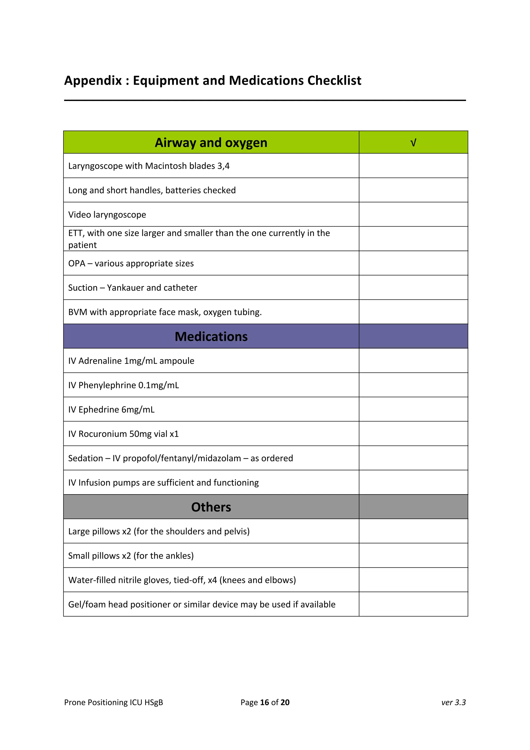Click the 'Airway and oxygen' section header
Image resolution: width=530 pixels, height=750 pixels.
coord(211,143)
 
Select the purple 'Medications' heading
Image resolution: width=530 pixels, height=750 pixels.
coord(211,337)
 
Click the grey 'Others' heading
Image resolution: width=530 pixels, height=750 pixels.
coord(211,507)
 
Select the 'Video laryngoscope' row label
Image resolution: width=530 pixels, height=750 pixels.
coord(107,215)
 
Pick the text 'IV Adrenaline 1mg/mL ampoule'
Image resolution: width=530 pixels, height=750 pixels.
coord(131,361)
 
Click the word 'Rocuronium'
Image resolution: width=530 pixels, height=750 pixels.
coord(102,434)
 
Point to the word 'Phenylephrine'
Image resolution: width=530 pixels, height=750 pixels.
coord(107,385)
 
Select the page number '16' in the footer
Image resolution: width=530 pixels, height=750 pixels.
coord(264,702)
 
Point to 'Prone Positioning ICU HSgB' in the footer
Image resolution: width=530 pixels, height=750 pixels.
coord(113,702)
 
